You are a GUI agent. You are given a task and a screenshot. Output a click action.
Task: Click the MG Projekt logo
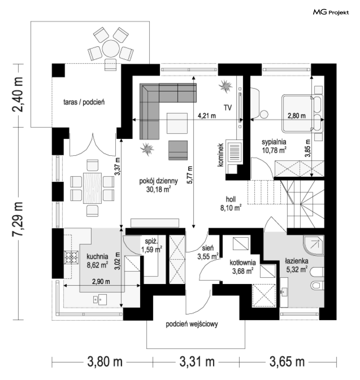coord(331,12)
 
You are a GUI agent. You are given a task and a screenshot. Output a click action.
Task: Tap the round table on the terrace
coord(110,49)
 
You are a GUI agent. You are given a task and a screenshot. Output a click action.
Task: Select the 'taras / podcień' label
coord(84,102)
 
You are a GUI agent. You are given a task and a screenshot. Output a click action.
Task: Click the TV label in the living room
coord(228,108)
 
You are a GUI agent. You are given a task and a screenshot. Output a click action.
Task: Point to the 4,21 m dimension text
coord(207,116)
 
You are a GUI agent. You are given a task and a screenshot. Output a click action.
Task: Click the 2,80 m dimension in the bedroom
coord(297,116)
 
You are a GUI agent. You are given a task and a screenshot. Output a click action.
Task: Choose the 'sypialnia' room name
coord(274,142)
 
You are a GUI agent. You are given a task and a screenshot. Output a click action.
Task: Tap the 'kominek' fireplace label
coord(220,155)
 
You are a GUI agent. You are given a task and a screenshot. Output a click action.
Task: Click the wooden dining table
coord(92,188)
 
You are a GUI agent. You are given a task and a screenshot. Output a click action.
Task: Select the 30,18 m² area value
coord(158,189)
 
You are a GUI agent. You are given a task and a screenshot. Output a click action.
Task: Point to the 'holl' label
coord(231,199)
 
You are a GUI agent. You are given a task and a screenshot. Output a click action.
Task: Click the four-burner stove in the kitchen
coord(71,257)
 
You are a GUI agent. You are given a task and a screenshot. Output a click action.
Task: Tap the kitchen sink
coord(100,299)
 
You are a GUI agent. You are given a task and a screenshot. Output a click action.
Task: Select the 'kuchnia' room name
coord(97,256)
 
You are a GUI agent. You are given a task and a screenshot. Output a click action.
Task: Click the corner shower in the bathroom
coord(314,245)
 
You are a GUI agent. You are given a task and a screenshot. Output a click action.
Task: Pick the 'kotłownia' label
coord(243,262)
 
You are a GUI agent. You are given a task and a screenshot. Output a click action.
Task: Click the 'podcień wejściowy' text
coord(192,324)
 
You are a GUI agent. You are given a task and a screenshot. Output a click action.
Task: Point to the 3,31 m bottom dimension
coord(197,362)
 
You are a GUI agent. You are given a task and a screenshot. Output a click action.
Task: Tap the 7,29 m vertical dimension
coord(18,219)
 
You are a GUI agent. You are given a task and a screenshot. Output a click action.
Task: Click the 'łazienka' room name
coord(297,261)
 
